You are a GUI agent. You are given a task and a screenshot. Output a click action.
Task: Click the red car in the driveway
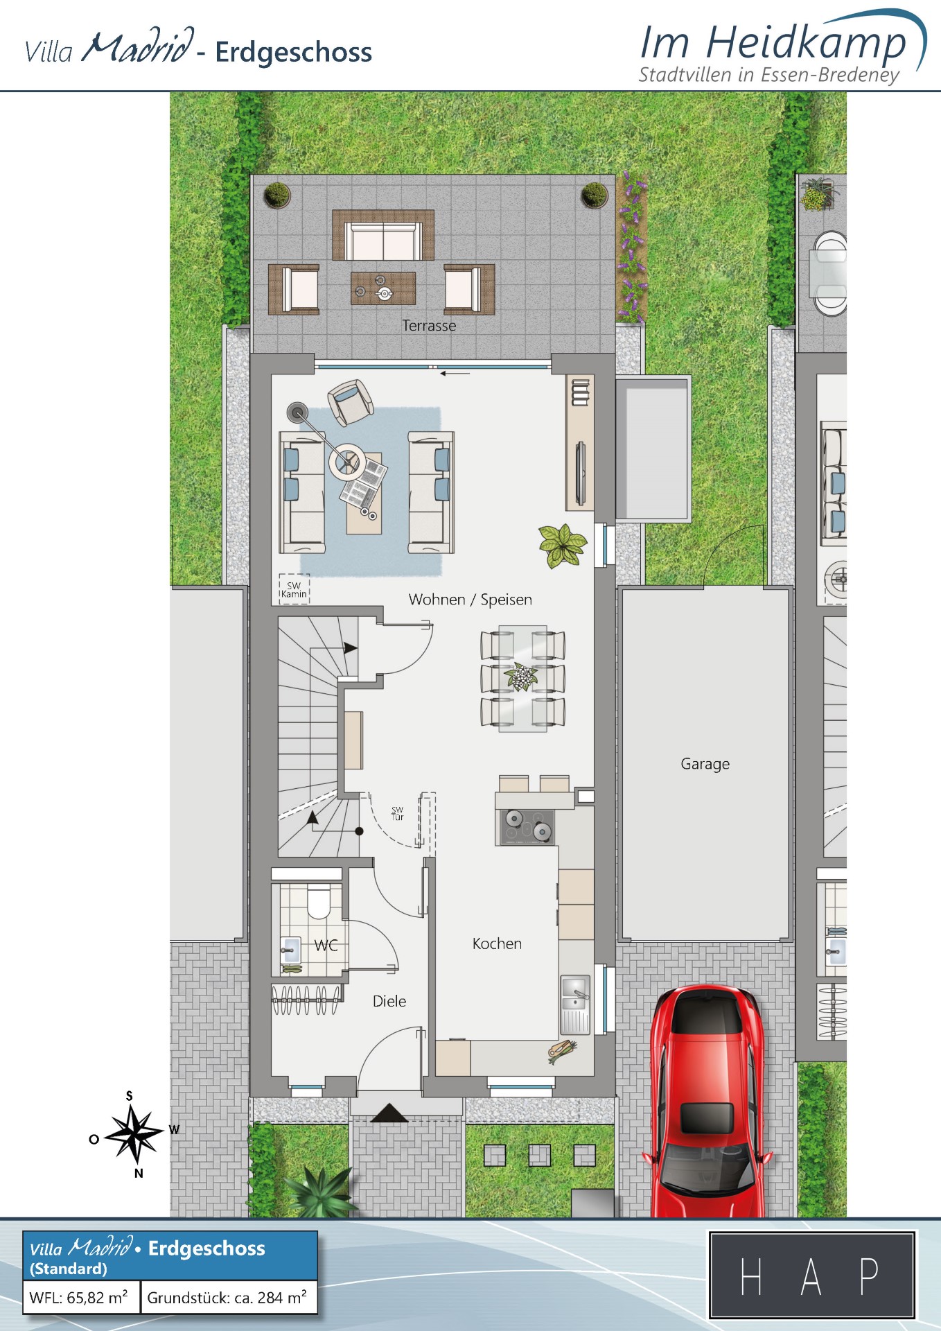point(706,1102)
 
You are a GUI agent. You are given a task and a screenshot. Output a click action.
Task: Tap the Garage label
point(705,764)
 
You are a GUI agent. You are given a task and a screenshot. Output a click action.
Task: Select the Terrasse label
point(429,326)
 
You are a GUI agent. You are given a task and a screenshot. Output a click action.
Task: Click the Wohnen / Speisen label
point(470,600)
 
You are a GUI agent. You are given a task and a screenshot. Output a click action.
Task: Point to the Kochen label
point(497,943)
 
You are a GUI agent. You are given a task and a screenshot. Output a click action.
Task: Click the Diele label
point(389,1001)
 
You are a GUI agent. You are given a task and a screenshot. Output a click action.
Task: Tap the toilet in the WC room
point(319,901)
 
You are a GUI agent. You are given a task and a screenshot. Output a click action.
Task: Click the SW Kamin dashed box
point(294,589)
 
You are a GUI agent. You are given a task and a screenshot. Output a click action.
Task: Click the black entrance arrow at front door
point(389,1113)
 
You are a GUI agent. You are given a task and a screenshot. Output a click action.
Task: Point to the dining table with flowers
point(522,679)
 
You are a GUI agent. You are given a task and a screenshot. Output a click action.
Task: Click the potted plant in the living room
point(562,546)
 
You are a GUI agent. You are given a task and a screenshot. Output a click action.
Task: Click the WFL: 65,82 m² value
point(78,1297)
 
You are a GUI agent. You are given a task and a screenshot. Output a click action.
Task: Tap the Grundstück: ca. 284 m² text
point(227,1297)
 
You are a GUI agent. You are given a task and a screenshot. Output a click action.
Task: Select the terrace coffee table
point(383,288)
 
